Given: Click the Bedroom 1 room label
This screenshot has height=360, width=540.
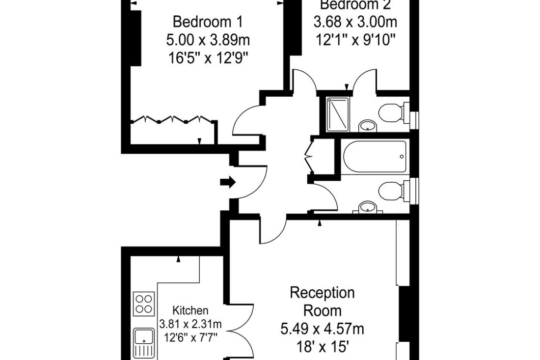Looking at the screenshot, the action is coord(208,22).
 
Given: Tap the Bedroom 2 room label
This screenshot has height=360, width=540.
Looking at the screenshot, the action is coord(355,5).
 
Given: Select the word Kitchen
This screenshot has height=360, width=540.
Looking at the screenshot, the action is coord(190,311).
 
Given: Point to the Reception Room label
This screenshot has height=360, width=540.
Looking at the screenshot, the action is coord(323,302).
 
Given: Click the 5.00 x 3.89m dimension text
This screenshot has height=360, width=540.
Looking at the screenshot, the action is coord(208,40).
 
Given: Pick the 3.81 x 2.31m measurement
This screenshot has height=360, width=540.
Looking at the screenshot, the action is coord(190,324).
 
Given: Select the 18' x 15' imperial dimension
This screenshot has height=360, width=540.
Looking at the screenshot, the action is coord(323,347).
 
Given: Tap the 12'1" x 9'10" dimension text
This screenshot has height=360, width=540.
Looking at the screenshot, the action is coord(355,41).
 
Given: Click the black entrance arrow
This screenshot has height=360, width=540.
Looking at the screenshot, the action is coord(228,182).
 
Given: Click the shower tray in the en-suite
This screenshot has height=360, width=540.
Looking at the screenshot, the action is coord(338,114).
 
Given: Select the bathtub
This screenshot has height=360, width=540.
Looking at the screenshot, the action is coord(375,156).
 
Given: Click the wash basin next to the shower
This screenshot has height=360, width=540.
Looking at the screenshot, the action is coord(368,126).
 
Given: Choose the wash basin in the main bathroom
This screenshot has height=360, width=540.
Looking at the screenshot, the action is coord(368,207).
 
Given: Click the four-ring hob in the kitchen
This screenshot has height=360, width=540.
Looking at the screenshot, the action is coord(144,304).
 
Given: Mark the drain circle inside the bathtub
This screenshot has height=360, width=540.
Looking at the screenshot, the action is coord(402,157).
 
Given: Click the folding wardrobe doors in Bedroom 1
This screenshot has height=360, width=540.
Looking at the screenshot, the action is coord(172,119).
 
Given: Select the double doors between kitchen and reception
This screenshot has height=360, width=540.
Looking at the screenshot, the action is coord(242,332).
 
